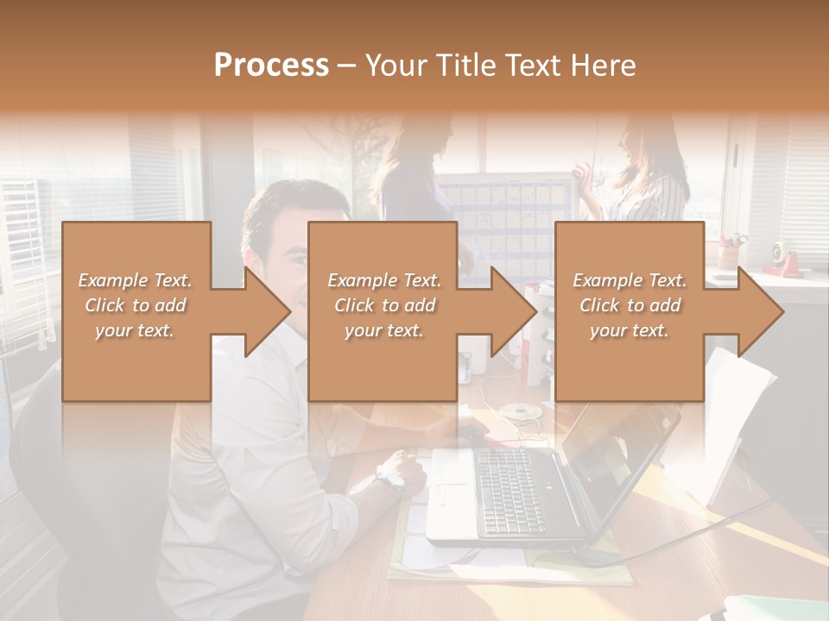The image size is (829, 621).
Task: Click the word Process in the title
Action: tap(271, 65)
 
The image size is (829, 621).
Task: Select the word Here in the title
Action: tap(601, 65)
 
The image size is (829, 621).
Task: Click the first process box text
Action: tap(136, 305)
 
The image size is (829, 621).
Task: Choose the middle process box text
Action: tap(383, 305)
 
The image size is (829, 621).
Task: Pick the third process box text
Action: tap(630, 305)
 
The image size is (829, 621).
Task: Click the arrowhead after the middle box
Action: tap(513, 311)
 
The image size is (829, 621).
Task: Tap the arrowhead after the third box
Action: tap(760, 311)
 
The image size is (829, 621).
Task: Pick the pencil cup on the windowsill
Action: tap(731, 256)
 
